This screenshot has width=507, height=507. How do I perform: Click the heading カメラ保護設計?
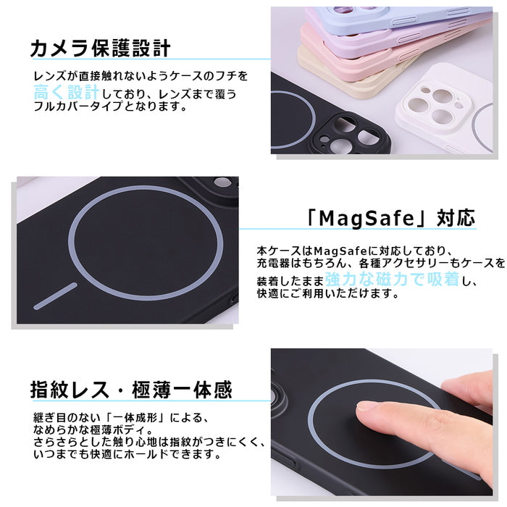100,49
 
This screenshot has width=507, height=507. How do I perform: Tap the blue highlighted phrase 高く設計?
67,93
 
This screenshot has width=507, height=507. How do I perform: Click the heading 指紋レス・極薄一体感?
131,390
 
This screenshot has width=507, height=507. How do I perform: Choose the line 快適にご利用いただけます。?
318,294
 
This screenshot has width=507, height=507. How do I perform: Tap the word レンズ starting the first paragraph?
48,76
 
